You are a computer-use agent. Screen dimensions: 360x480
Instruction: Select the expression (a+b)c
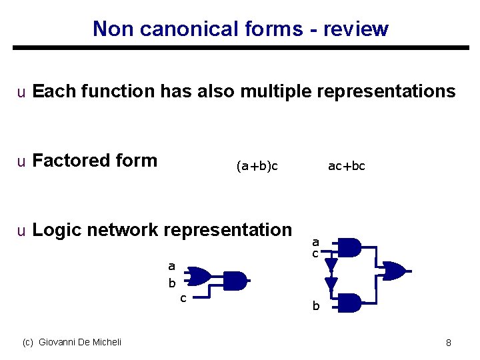(257, 166)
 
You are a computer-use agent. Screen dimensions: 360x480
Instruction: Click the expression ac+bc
(347, 166)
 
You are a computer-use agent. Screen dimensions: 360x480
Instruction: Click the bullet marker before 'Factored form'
(21, 161)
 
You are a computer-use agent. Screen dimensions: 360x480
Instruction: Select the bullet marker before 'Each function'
(21, 92)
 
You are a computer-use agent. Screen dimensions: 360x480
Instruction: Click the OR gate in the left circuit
(199, 275)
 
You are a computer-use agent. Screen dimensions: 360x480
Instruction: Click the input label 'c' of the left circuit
(183, 298)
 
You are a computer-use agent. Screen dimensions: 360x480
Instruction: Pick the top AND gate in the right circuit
(351, 247)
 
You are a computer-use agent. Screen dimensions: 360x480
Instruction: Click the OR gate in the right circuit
(392, 271)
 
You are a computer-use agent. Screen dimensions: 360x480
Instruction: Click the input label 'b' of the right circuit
(317, 307)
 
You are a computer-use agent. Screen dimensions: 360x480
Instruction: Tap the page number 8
(449, 343)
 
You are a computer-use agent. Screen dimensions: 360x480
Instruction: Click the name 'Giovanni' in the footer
(59, 342)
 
